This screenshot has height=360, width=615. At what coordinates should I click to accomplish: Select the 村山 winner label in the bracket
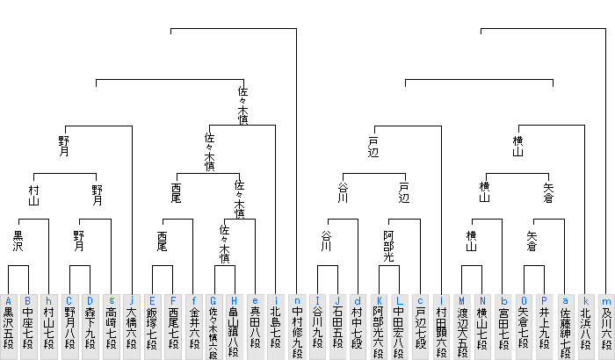coord(33,195)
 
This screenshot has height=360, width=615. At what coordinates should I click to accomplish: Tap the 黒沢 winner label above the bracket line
coord(18,241)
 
